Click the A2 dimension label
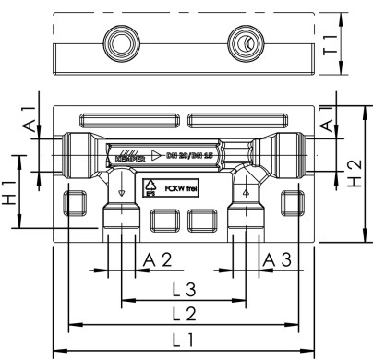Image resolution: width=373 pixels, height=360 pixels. coord(158,259)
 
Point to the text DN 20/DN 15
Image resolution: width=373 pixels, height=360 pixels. coord(198,153)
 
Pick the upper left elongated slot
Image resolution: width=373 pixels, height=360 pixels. coord(129,120)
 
